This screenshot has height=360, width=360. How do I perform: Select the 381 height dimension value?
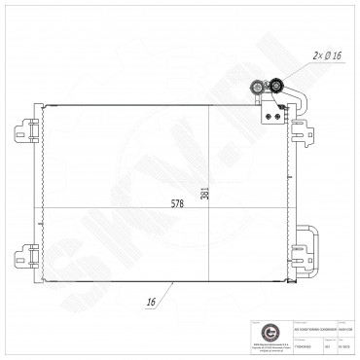(204, 193)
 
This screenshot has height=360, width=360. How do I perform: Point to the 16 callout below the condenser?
(153, 301)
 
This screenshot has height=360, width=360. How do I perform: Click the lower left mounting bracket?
(27, 257)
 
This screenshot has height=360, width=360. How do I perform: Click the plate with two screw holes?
(270, 111)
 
